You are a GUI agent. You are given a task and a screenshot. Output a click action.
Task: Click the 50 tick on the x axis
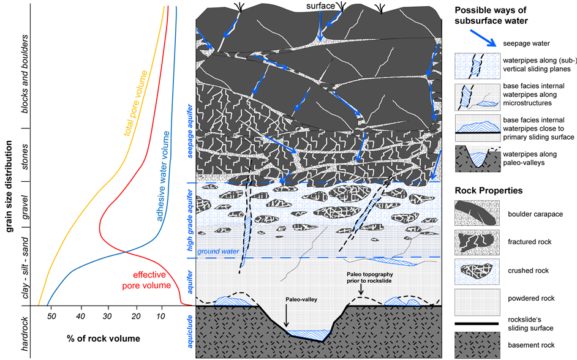coord(52,317)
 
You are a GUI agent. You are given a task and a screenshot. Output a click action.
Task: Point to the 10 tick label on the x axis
coord(161,317)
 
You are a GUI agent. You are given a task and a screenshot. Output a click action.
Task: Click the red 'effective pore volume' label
coord(149,280)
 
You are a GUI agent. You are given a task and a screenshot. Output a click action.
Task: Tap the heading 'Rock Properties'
coord(488,190)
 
